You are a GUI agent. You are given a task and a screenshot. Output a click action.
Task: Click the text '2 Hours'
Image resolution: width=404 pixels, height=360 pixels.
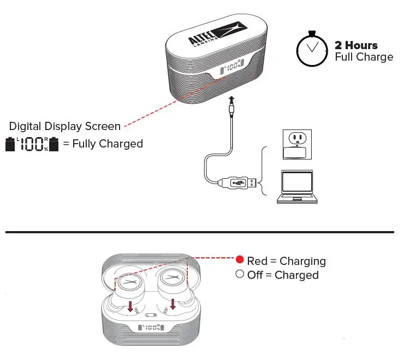tap(356, 45)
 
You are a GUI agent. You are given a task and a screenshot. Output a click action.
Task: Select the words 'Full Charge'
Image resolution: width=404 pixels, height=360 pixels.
tap(364, 57)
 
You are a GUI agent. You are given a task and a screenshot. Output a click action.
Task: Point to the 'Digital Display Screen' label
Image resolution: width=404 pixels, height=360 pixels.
tap(65, 126)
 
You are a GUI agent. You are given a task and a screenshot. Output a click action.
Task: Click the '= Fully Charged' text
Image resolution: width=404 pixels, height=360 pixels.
tap(103, 144)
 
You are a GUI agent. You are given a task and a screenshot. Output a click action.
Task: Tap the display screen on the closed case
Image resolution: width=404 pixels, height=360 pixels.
tap(231, 69)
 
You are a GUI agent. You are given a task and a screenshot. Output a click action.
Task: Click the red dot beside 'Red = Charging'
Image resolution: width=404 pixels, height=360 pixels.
tap(239, 261)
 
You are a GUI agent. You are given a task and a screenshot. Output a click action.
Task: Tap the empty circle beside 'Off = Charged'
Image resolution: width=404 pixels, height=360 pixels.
tap(239, 274)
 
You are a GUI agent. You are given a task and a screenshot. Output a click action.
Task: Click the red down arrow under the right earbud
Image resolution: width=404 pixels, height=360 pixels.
tap(173, 303)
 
